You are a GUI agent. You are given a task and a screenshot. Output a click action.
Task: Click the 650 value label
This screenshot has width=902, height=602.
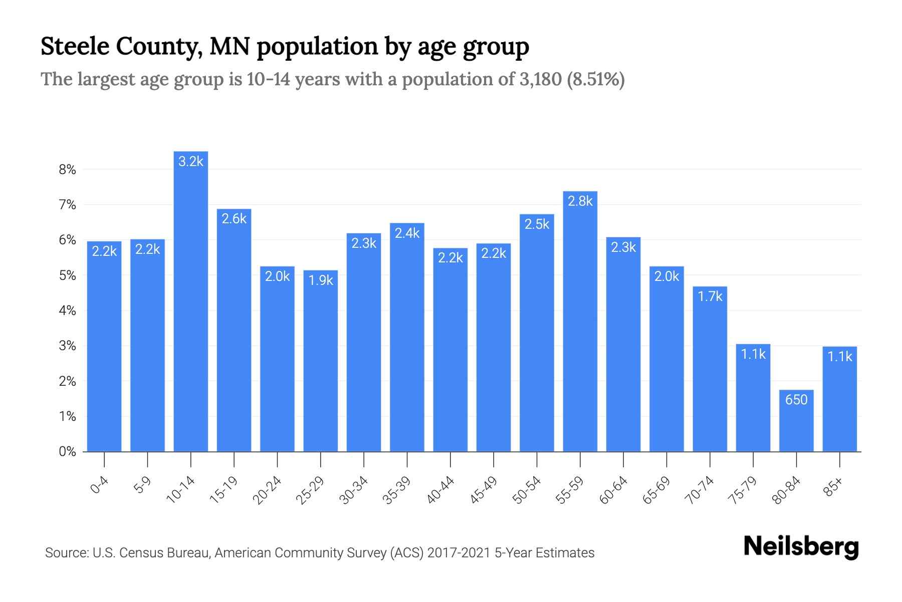click(x=796, y=400)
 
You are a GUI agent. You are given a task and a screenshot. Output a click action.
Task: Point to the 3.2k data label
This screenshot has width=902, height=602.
click(x=191, y=161)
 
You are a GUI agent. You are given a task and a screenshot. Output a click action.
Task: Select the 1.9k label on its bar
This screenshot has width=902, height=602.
click(x=321, y=280)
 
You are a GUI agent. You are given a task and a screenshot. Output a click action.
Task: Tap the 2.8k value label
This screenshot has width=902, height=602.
click(x=580, y=201)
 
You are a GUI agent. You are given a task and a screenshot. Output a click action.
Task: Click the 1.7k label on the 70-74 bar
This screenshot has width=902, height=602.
click(x=710, y=296)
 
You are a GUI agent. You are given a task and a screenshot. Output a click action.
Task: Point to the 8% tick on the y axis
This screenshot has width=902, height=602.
click(x=67, y=170)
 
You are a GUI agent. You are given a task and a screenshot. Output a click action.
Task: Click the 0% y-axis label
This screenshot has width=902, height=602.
click(x=67, y=452)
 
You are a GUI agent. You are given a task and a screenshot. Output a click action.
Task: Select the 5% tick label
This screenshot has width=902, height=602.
click(x=67, y=275)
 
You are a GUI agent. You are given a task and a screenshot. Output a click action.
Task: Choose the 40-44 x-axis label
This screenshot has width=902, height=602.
click(x=440, y=490)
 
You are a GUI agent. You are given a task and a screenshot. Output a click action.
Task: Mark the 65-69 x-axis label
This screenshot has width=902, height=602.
click(x=656, y=490)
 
